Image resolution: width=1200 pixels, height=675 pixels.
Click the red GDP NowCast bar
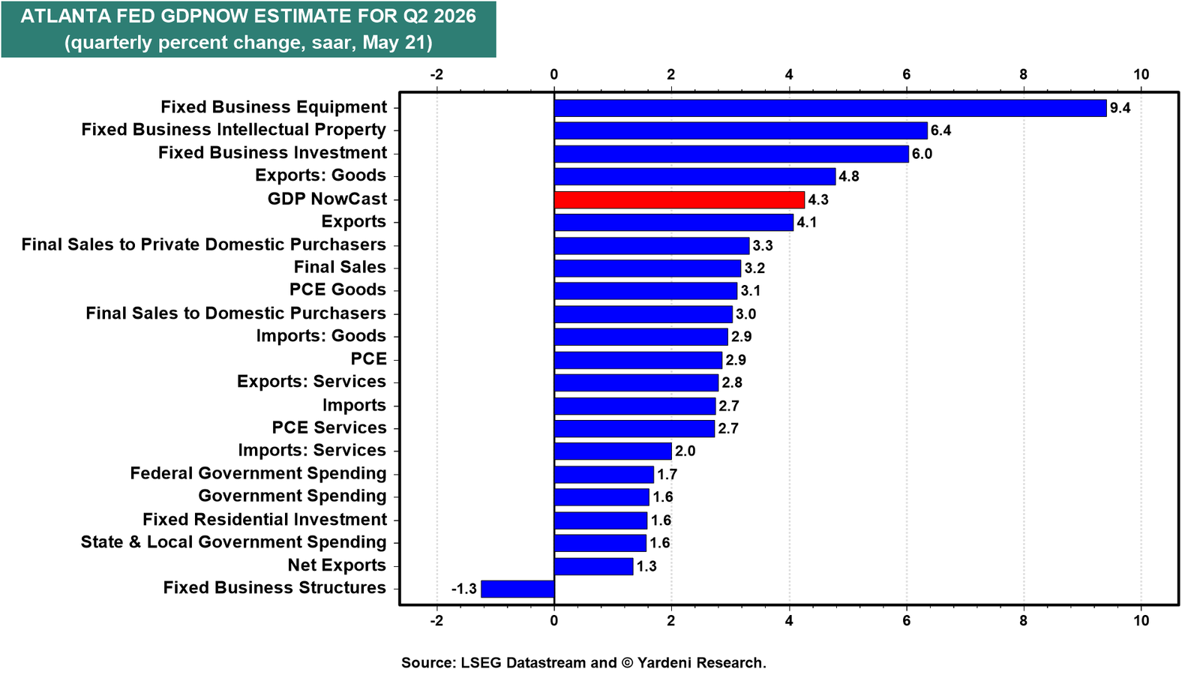pos(679,199)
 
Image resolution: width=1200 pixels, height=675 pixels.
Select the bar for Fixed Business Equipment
pos(830,108)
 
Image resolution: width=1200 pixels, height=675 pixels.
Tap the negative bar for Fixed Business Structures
pos(517,589)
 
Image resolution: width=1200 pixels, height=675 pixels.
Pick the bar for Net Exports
pos(593,566)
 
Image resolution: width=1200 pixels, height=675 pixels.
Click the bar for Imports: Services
pos(613,451)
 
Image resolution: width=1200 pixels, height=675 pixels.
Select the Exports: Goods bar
pos(694,176)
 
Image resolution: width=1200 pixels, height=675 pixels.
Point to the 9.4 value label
pos(1120,108)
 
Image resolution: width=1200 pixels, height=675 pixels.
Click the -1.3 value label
pos(464,589)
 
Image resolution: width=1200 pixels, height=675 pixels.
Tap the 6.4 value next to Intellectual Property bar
pos(940,130)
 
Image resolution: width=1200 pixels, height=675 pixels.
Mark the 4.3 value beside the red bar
pos(818,199)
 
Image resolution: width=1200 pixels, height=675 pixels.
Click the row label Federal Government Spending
pos(258,473)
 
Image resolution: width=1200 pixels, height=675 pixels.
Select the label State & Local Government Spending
pos(233,542)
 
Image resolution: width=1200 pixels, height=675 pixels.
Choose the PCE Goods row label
pos(337,289)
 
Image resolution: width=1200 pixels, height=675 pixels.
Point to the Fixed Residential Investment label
pos(265,520)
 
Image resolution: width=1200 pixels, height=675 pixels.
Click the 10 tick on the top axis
pos(1141,74)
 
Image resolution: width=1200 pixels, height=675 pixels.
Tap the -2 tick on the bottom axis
pos(436,621)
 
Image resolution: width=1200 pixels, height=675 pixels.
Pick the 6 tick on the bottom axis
pos(907,621)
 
